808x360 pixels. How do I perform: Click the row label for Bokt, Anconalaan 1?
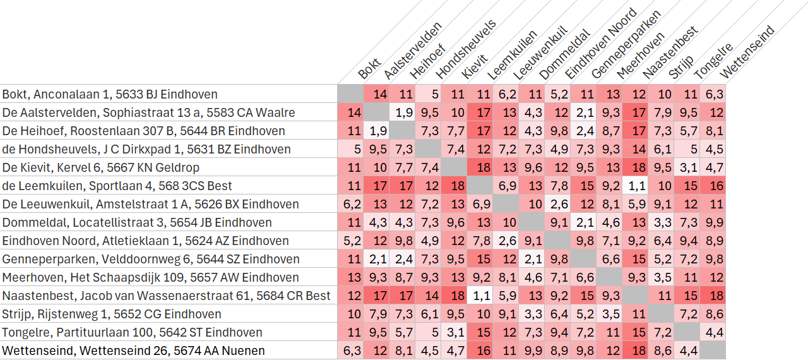click(110, 94)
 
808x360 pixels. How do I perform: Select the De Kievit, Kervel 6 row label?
click(100, 167)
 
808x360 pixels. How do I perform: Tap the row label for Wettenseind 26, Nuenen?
click(133, 351)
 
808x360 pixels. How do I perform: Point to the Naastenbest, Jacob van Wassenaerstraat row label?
click(166, 296)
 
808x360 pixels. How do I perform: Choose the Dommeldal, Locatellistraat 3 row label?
click(137, 222)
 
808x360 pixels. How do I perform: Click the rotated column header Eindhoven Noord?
click(601, 44)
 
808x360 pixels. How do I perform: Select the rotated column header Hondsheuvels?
click(466, 49)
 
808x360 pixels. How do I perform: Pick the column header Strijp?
click(681, 67)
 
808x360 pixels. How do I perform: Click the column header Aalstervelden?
click(413, 51)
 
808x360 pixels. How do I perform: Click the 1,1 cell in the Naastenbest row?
click(480, 296)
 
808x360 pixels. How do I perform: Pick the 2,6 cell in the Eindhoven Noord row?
click(506, 241)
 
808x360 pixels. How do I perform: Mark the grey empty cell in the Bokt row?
click(350, 93)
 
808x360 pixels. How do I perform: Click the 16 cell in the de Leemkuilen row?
click(713, 186)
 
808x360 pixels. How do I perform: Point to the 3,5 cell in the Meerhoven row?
click(661, 277)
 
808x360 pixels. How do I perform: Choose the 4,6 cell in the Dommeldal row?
click(610, 222)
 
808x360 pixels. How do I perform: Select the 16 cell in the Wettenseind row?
click(480, 351)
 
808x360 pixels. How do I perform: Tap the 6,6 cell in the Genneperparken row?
click(610, 259)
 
